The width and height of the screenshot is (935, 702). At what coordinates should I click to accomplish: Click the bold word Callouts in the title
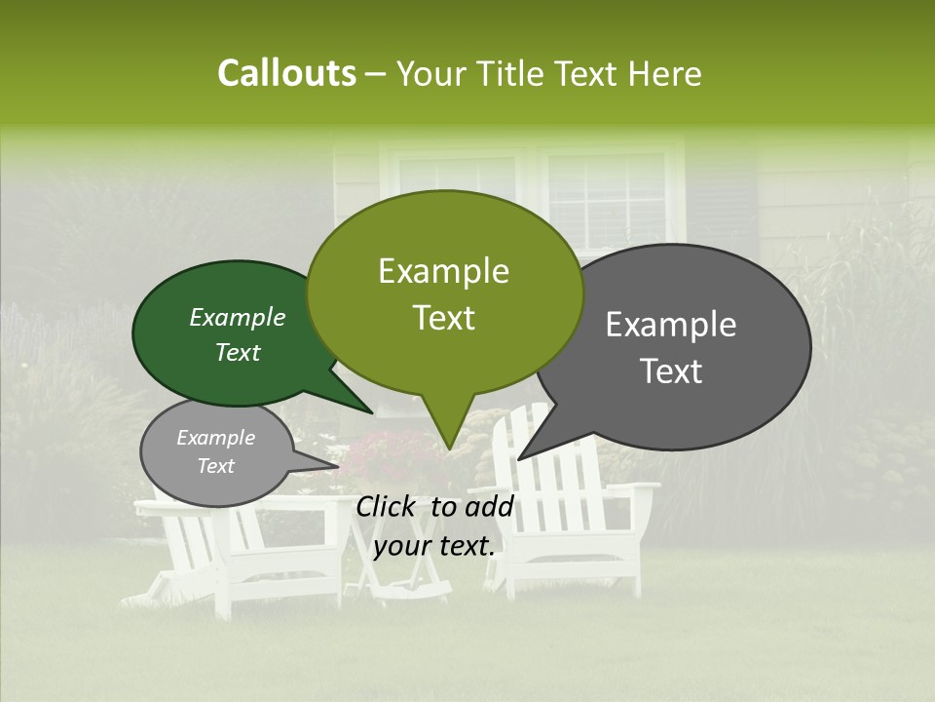tap(286, 73)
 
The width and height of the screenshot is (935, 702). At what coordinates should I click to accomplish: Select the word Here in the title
tap(665, 74)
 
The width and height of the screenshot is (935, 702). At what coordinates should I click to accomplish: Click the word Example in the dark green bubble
tap(238, 318)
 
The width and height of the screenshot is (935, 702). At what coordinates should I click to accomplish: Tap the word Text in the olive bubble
tap(444, 318)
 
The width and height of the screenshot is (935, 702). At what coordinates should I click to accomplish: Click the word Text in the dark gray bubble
tap(672, 371)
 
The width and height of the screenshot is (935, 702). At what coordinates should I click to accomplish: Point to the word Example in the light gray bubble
tap(216, 438)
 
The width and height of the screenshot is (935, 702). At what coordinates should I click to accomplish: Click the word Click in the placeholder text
tap(387, 506)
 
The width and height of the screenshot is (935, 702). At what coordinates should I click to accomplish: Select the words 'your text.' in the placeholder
tap(434, 546)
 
